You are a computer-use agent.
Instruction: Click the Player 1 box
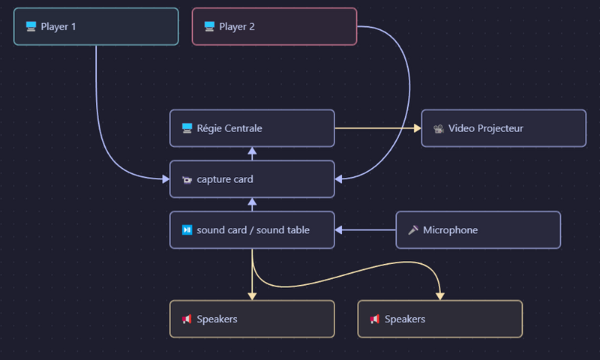96,26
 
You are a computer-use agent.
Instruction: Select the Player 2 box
274,26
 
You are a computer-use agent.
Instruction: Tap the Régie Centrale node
252,128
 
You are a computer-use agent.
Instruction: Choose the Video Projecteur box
503,128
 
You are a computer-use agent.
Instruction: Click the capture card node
252,179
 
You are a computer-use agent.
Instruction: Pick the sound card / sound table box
252,230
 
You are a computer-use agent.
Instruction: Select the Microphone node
478,230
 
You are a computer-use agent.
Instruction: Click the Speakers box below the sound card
252,319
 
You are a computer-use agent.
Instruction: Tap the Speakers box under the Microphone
440,319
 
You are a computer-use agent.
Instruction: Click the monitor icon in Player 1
31,26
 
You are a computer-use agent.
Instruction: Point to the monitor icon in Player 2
209,26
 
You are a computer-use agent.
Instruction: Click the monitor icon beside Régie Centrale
187,128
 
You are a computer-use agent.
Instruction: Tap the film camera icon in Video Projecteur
439,128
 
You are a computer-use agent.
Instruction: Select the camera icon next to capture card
187,179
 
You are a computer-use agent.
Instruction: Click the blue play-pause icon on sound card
187,230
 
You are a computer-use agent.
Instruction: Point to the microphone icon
413,230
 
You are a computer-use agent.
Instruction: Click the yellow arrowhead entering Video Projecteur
418,128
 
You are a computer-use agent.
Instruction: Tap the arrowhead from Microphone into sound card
339,230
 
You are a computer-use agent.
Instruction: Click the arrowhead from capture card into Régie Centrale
252,151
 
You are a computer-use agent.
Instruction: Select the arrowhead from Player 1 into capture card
166,179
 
